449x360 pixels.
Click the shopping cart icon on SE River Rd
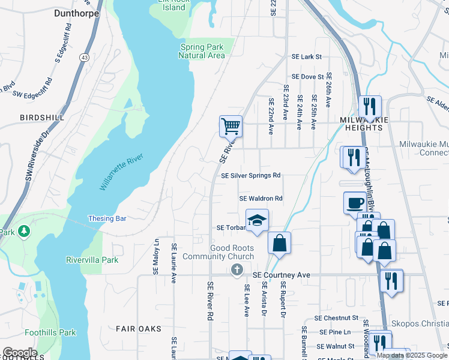click(x=231, y=126)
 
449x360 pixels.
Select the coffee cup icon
click(x=355, y=202)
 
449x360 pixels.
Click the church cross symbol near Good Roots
click(x=237, y=270)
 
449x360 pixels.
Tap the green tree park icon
click(x=23, y=230)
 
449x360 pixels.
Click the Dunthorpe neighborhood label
click(x=76, y=12)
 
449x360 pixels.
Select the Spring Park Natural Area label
click(x=202, y=51)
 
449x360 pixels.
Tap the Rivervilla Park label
click(x=92, y=260)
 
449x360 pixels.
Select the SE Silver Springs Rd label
click(x=250, y=176)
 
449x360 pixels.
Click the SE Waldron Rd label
click(x=261, y=198)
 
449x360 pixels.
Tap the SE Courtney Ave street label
click(x=281, y=275)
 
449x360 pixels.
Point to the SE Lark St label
click(x=307, y=56)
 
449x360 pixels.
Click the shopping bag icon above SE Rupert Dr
click(x=279, y=243)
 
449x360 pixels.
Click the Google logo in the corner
click(x=20, y=353)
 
